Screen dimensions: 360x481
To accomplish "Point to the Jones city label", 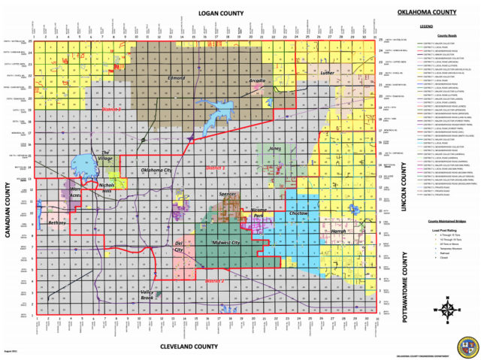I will pos(275,149).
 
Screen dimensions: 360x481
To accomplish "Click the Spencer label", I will pos(227,194).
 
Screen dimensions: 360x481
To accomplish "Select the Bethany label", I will pos(57,223).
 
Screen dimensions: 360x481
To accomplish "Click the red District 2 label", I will pos(215,281).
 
